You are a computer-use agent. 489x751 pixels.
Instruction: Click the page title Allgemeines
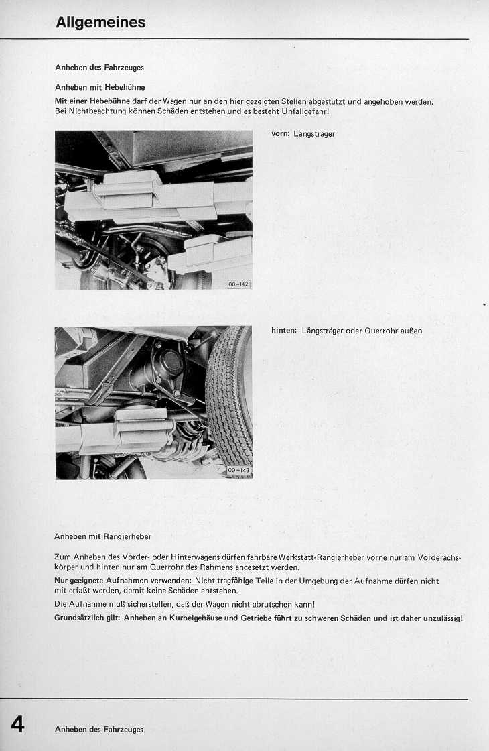click(100, 23)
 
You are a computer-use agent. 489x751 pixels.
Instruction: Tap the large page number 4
click(17, 724)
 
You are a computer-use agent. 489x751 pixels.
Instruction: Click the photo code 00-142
click(238, 284)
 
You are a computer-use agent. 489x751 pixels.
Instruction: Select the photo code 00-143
click(238, 471)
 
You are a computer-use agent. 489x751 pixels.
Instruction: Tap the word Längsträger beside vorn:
click(314, 134)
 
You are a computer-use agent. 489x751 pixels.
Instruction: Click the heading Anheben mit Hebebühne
click(100, 87)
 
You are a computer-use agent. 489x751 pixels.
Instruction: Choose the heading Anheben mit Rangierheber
click(103, 536)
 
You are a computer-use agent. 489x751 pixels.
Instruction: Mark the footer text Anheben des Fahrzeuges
click(99, 729)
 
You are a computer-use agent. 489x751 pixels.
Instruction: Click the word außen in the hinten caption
click(411, 331)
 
